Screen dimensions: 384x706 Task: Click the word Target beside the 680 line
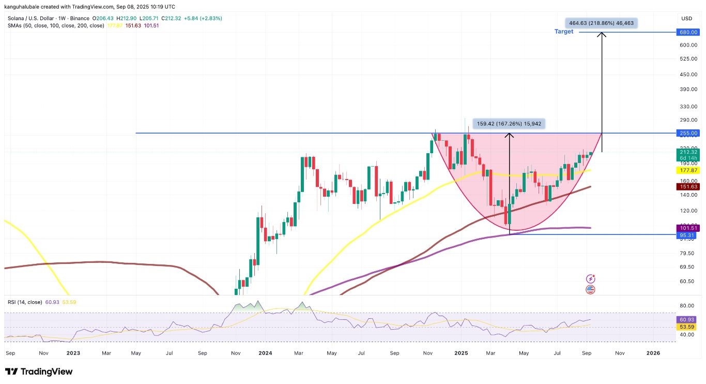point(564,32)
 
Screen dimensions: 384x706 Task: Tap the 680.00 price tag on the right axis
point(686,32)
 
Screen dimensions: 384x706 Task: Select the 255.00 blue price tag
point(686,133)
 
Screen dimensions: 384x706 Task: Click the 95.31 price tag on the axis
point(686,234)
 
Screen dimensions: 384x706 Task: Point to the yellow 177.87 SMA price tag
point(686,170)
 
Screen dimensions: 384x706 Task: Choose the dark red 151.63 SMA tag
point(686,187)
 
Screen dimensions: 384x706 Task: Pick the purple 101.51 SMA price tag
point(686,228)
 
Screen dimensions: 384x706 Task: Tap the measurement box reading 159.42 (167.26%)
point(510,124)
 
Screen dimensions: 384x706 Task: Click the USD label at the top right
point(686,19)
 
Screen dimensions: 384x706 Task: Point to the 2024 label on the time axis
point(265,353)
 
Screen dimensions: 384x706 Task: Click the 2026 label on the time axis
point(653,353)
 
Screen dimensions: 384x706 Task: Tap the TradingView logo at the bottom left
point(39,372)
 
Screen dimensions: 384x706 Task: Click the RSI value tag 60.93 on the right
point(686,320)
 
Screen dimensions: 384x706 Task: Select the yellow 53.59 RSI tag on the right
point(686,327)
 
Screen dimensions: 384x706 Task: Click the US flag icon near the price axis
point(590,290)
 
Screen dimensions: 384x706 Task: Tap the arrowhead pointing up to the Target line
point(602,35)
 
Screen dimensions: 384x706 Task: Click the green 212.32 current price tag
point(686,152)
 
